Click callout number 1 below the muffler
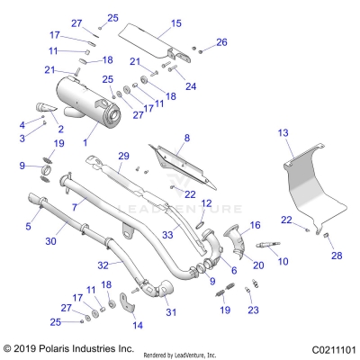point(86,141)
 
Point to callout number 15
point(175,22)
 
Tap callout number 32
point(102,266)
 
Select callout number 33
point(167,236)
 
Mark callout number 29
point(124,157)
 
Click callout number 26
point(221,41)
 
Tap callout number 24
point(190,86)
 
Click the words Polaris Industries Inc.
point(69,347)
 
